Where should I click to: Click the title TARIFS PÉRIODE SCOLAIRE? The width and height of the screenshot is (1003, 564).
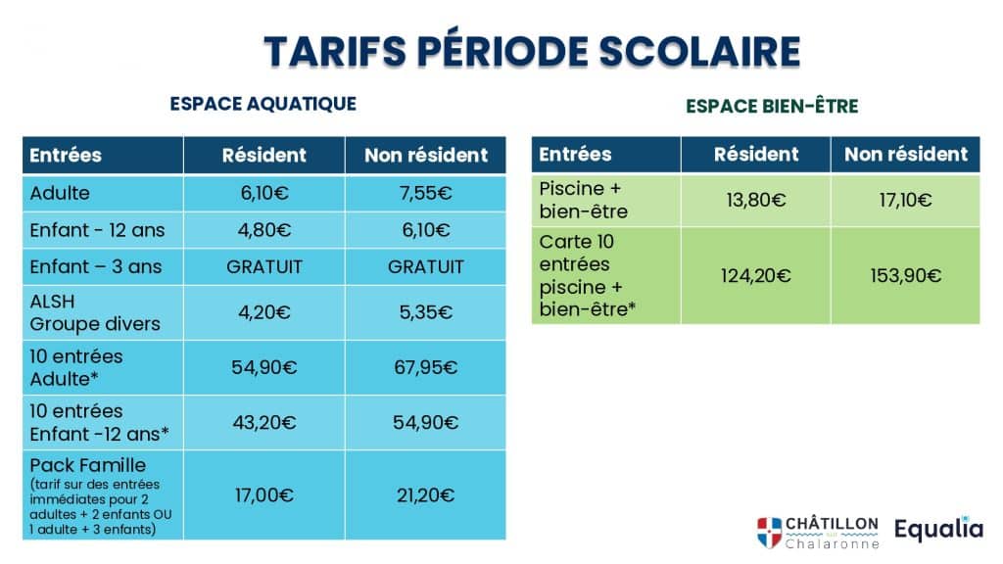(x=532, y=51)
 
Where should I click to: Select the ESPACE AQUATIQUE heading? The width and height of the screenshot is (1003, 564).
(x=263, y=104)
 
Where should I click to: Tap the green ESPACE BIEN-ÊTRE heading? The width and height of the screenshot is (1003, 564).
(x=772, y=106)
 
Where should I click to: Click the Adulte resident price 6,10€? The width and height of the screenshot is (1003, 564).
(x=264, y=193)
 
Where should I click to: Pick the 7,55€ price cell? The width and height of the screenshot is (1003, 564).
(x=425, y=193)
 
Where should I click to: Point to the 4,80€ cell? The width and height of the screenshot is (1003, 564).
(x=264, y=229)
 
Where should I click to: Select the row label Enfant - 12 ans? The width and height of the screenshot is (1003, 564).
(x=97, y=229)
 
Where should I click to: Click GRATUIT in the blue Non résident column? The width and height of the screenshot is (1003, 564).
(x=425, y=266)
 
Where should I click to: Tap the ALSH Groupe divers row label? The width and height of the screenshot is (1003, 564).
(x=95, y=312)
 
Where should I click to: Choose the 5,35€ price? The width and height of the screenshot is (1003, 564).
(x=425, y=312)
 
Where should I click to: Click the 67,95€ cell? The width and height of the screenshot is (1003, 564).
(x=425, y=367)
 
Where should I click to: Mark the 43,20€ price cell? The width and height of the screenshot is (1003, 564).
(x=264, y=422)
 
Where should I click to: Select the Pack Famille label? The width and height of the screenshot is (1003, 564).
(x=87, y=465)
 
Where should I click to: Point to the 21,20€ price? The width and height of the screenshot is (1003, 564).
(x=425, y=494)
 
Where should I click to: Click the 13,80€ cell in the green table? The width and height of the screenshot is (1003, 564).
(x=755, y=200)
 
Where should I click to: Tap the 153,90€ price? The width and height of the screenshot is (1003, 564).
(x=905, y=275)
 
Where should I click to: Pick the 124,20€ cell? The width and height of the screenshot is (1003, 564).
(x=755, y=275)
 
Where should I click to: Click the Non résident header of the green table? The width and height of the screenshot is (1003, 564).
(x=905, y=154)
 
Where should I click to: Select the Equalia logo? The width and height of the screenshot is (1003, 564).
(x=938, y=530)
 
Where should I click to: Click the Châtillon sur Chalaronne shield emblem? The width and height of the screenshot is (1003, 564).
(x=770, y=533)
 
